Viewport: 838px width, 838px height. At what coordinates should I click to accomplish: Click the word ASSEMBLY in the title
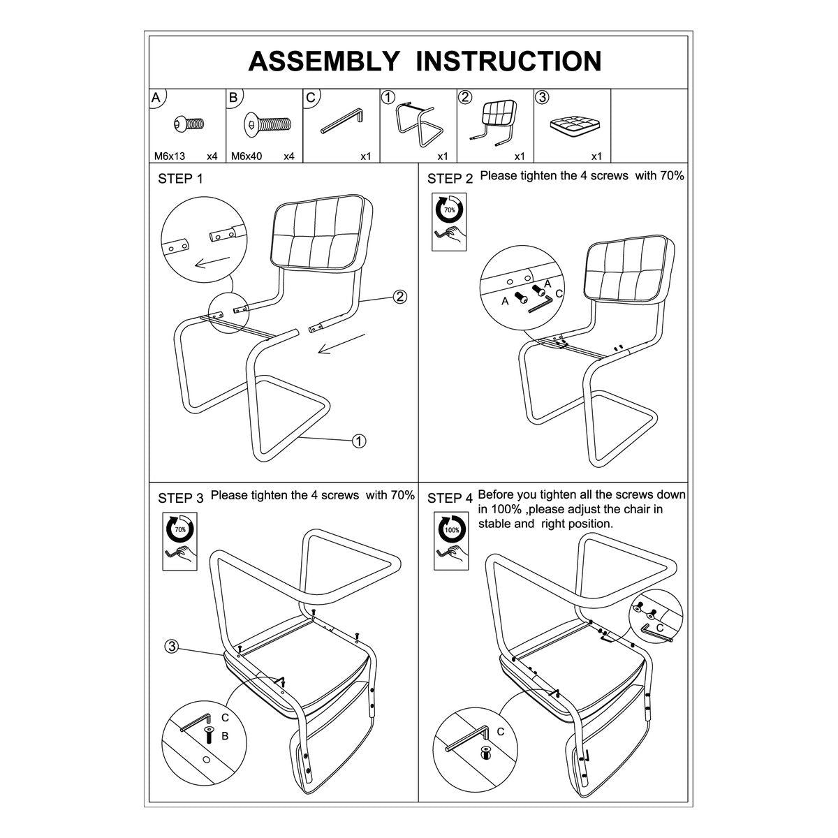(x=323, y=61)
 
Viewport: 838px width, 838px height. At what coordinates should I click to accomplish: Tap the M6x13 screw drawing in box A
(x=189, y=124)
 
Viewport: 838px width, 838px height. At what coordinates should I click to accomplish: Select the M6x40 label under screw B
(x=246, y=156)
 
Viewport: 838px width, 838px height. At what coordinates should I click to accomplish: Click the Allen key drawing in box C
(x=341, y=121)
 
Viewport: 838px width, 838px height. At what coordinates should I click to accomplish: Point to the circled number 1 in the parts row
(x=388, y=97)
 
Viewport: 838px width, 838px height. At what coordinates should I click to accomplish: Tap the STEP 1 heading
(x=180, y=179)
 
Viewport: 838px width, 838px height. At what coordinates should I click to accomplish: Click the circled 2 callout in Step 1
(x=399, y=297)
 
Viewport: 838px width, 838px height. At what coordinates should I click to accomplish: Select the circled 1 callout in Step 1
(x=359, y=441)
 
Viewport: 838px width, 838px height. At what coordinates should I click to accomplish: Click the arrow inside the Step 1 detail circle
(x=212, y=263)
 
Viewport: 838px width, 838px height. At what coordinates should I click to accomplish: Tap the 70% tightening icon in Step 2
(x=449, y=222)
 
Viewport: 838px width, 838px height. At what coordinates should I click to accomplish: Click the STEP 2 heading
(x=450, y=179)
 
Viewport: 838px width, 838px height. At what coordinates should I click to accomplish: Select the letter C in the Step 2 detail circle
(x=559, y=293)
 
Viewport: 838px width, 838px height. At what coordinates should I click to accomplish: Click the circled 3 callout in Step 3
(x=172, y=646)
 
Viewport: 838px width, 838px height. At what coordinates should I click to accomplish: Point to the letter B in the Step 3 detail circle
(x=225, y=736)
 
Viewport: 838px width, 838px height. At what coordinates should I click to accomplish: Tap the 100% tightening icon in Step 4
(x=451, y=541)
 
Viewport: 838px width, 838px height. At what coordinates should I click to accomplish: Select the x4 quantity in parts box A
(x=212, y=156)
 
